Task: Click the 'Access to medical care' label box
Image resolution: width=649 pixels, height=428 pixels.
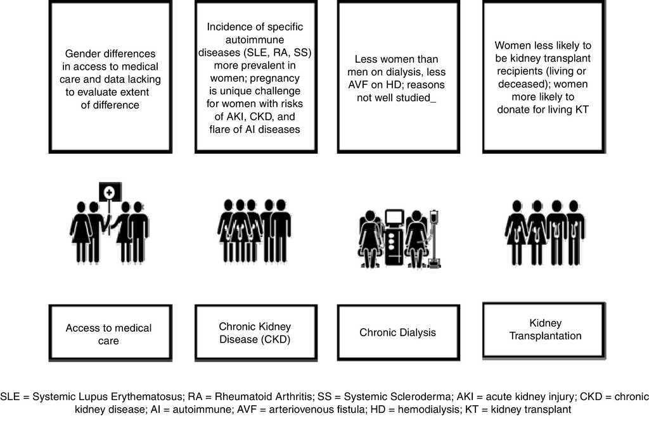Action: tap(109, 334)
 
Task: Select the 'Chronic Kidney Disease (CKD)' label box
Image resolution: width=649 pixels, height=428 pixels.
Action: tap(255, 333)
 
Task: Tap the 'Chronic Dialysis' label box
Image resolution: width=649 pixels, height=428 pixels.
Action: tap(397, 332)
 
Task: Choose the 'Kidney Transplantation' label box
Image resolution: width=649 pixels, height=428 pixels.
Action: tap(544, 329)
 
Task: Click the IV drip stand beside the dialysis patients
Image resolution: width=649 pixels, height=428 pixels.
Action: tap(434, 237)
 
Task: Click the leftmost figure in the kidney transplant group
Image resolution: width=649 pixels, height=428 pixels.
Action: tap(517, 231)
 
